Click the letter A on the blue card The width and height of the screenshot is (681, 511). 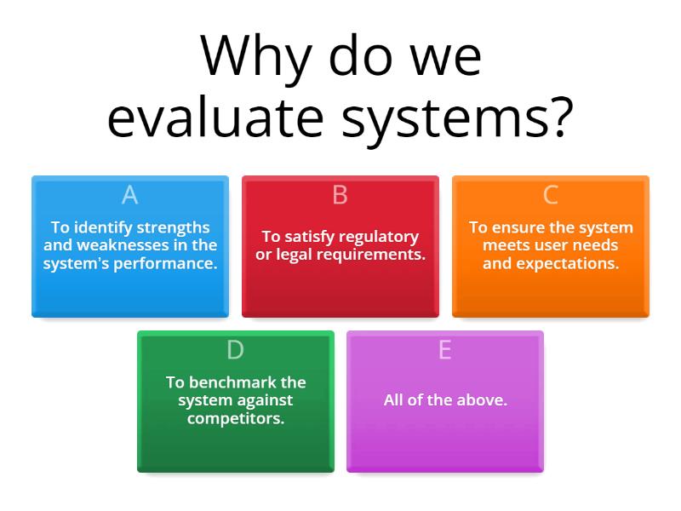tap(129, 195)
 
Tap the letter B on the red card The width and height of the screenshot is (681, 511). tap(340, 195)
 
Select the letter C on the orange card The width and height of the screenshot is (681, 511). tap(550, 195)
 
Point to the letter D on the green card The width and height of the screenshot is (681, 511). tap(235, 350)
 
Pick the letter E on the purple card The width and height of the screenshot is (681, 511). tap(444, 350)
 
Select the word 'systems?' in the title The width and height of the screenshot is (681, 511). tap(456, 119)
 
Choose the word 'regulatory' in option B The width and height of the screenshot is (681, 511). tap(376, 237)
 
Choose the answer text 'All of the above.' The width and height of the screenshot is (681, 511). tap(445, 399)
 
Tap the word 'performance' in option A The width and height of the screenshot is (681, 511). tap(174, 263)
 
